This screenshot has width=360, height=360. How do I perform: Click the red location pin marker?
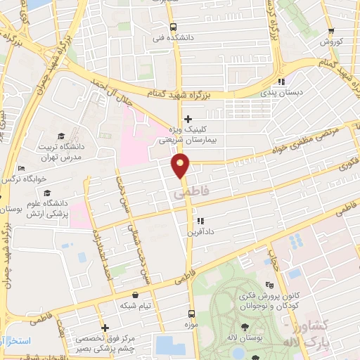pyautogui.click(x=181, y=167)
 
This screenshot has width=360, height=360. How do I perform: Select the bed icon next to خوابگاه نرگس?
pyautogui.click(x=22, y=169)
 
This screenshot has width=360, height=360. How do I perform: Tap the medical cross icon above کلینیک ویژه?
pyautogui.click(x=188, y=120)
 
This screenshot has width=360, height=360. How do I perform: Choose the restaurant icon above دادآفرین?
pyautogui.click(x=200, y=220)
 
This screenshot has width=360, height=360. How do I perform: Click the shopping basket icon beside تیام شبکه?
pyautogui.click(x=135, y=296)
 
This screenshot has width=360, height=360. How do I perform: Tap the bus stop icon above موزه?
pyautogui.click(x=191, y=314)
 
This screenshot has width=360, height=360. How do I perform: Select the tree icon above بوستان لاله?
pyautogui.click(x=244, y=327)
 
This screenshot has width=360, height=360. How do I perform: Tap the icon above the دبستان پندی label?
pyautogui.click(x=282, y=81)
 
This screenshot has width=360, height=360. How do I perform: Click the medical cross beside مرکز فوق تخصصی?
pyautogui.click(x=105, y=328)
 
